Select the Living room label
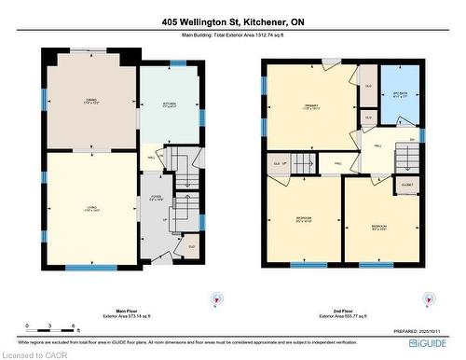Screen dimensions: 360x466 tap(90, 209)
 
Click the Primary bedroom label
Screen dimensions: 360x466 tap(310, 106)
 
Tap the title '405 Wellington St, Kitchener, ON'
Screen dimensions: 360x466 tap(232, 21)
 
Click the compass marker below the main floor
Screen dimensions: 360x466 tap(216, 298)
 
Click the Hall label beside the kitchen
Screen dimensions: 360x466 tap(151, 159)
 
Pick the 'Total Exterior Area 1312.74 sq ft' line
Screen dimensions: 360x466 tap(232, 35)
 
